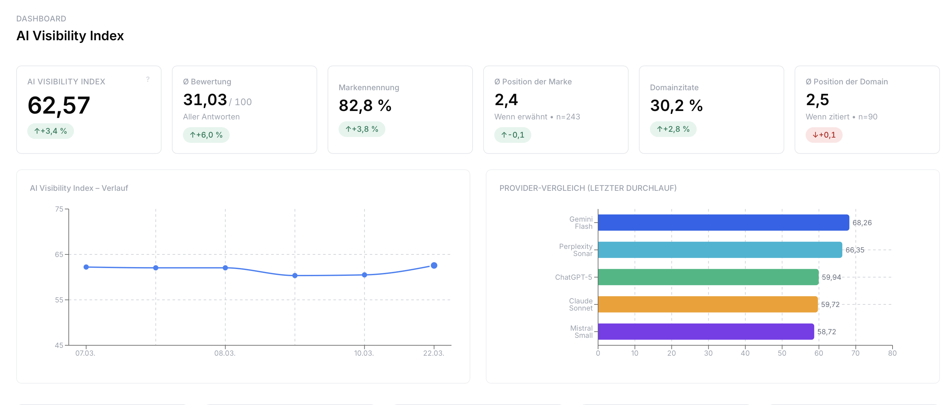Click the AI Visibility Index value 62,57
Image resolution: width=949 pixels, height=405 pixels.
coord(59,105)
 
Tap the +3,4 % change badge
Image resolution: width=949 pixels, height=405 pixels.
coord(51,131)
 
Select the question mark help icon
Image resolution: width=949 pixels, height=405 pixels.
coord(148,79)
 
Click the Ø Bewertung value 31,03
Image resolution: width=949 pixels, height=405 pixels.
coord(205,100)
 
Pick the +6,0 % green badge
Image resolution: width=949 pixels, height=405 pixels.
coord(206,135)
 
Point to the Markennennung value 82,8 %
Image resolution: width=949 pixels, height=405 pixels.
coord(365,106)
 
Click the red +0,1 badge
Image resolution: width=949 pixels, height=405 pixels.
coord(824,135)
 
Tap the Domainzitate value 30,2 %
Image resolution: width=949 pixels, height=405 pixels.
coord(676,106)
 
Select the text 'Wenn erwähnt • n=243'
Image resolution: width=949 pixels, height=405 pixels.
coord(537,117)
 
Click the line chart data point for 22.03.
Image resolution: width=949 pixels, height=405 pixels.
coord(434,265)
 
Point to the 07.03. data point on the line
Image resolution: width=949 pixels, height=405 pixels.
coord(86,267)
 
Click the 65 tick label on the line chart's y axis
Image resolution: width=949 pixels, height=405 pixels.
coord(59,254)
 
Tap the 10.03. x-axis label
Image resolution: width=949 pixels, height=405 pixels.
coord(364,353)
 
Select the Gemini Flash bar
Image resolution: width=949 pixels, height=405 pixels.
coord(723,223)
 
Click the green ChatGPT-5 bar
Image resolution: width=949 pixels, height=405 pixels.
coord(708,277)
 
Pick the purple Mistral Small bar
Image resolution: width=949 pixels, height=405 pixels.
coord(705,332)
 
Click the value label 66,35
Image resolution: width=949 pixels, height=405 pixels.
coord(854,250)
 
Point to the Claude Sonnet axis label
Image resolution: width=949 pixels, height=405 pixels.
coord(581,304)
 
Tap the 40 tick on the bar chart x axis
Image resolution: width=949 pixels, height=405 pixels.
coord(745,353)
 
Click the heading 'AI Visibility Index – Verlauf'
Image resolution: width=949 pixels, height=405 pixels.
coord(79,188)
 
